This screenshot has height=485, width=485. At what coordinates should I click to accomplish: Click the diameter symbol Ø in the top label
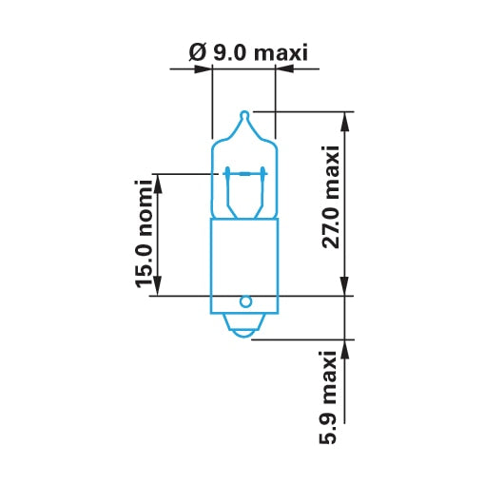[x=198, y=52]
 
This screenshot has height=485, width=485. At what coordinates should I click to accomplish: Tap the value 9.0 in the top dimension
[x=229, y=52]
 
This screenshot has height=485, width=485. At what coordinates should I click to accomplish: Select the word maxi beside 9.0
[x=281, y=52]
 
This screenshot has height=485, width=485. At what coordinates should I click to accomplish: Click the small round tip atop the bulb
[x=244, y=115]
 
